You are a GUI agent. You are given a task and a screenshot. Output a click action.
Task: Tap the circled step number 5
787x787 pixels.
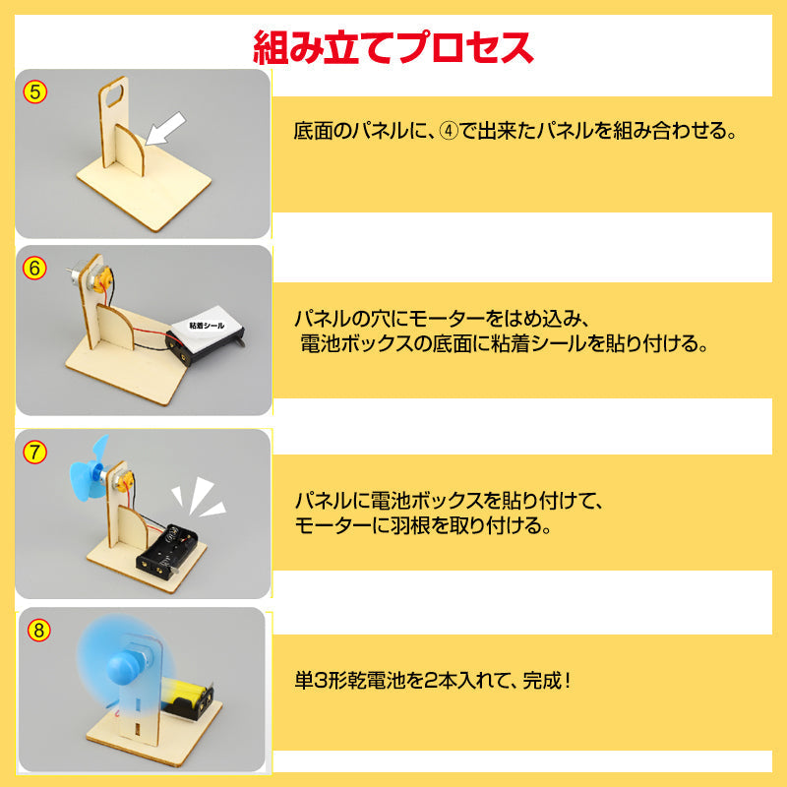click(x=35, y=92)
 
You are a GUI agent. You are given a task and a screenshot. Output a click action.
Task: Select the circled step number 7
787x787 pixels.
click(x=35, y=453)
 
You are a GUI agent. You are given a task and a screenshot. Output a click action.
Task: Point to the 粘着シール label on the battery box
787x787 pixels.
click(x=207, y=324)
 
